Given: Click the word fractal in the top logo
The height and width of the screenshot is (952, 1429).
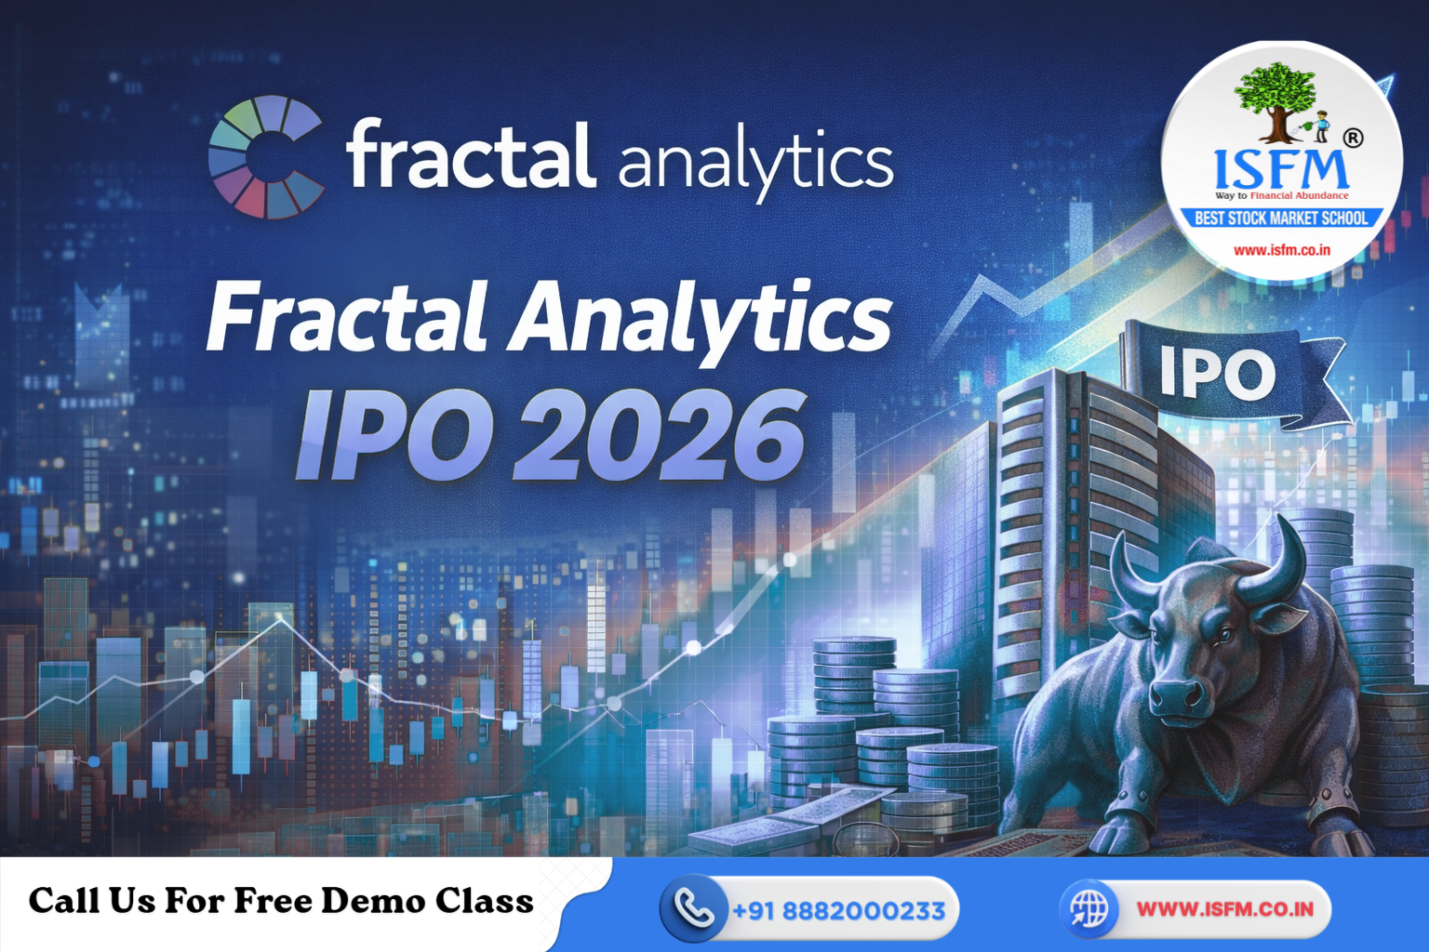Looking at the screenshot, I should (x=470, y=155).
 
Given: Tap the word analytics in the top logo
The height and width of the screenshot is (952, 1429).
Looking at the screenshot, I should (x=755, y=163).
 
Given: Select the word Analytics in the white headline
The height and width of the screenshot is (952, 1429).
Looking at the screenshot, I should (x=701, y=318).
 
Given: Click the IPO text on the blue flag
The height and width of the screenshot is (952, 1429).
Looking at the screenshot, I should (x=1217, y=375).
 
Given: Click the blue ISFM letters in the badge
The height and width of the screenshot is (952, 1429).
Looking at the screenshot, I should (x=1281, y=169).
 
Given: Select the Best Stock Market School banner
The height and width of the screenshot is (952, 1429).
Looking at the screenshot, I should (x=1281, y=218).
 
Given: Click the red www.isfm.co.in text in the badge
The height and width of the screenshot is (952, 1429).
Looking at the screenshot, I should (x=1281, y=250).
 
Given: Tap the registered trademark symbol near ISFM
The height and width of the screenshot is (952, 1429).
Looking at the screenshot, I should (x=1353, y=139).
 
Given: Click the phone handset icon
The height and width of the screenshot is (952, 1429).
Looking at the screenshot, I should (x=693, y=908).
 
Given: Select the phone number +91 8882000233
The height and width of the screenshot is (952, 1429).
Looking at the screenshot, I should (x=838, y=910).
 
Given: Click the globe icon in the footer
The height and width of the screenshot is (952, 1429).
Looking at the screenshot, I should (x=1088, y=908).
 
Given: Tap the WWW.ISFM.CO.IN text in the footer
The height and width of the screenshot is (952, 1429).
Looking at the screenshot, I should (x=1224, y=908).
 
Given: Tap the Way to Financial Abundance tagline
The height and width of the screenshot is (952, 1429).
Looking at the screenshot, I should (x=1281, y=195).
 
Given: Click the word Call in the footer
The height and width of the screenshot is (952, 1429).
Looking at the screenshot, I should (x=63, y=901).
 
